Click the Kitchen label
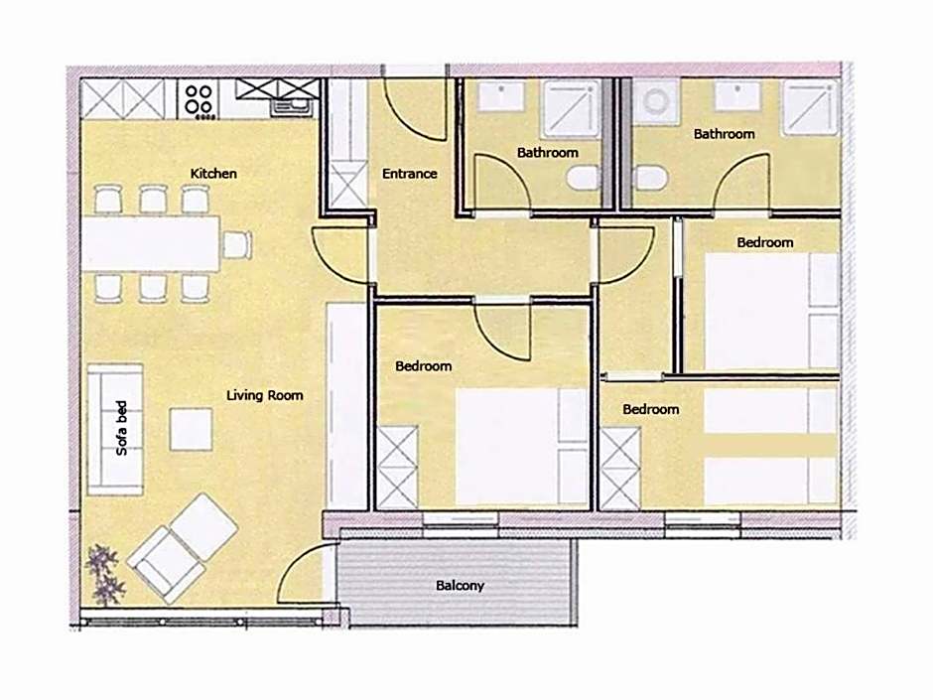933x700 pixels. tap(213, 173)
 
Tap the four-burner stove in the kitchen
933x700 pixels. tap(199, 99)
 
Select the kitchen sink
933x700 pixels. tap(291, 107)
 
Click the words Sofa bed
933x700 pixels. tap(121, 428)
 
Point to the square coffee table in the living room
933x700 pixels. tap(191, 429)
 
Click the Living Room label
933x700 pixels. tap(264, 395)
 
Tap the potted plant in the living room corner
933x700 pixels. tap(105, 574)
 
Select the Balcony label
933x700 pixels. tap(460, 586)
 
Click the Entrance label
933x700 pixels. tap(409, 174)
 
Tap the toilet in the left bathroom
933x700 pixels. tap(582, 178)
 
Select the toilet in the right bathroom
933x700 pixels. tap(650, 178)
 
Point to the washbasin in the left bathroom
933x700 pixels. tap(501, 96)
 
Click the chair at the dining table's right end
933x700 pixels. tap(237, 244)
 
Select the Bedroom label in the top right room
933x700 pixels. tap(764, 242)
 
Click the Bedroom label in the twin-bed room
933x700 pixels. tap(650, 409)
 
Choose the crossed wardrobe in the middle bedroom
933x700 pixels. tap(397, 468)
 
